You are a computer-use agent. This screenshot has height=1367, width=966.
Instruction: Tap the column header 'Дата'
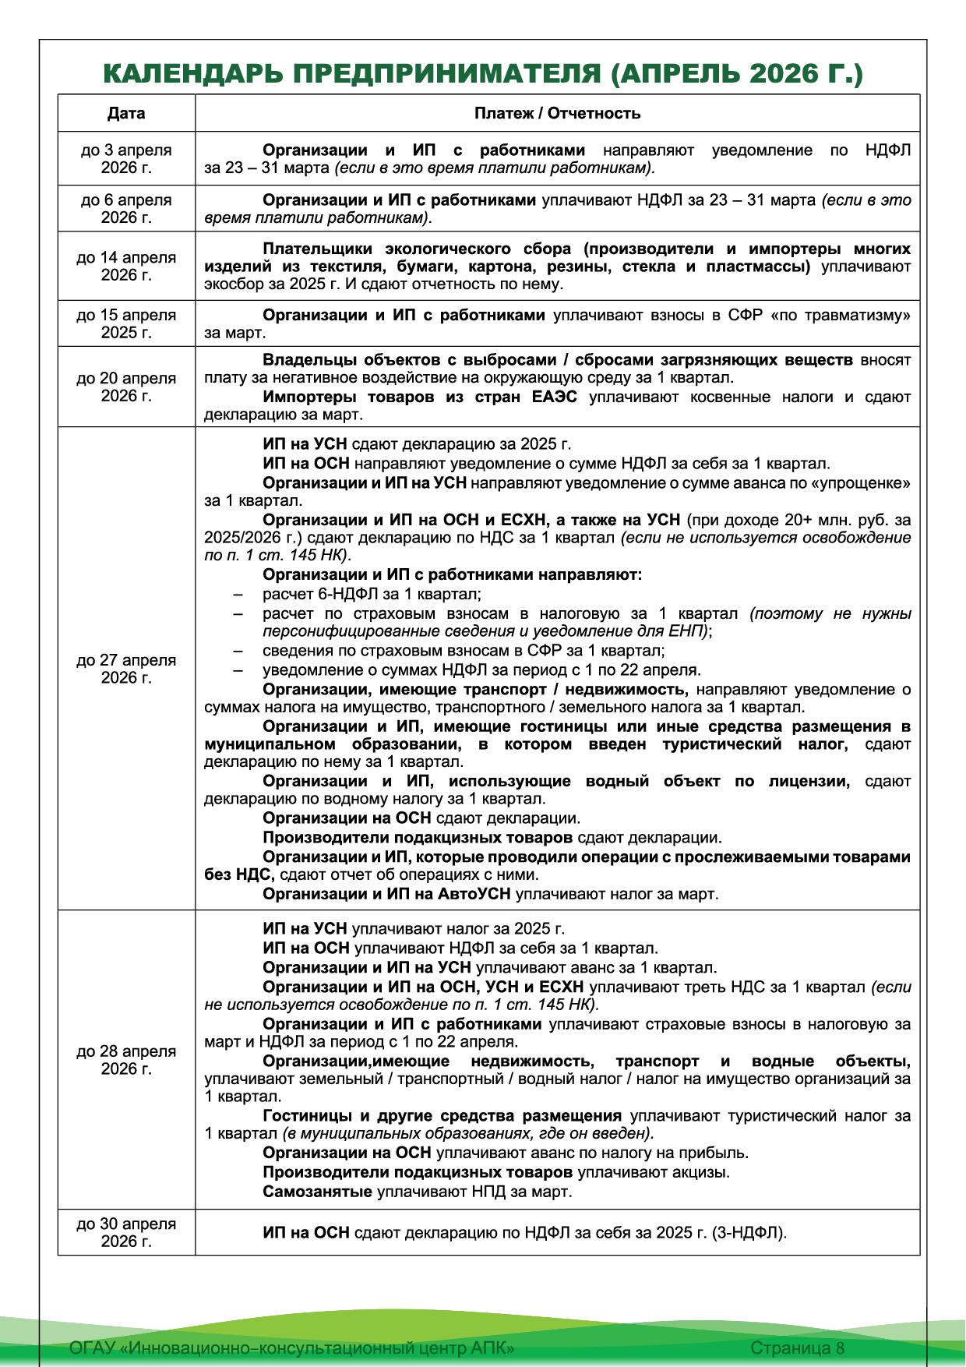pyautogui.click(x=126, y=113)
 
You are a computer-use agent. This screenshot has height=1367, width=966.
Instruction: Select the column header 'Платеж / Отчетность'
pyautogui.click(x=557, y=113)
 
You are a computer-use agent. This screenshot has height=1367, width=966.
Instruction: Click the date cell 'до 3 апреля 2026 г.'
pyautogui.click(x=126, y=159)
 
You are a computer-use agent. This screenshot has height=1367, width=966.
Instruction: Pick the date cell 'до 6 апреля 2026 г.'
pyautogui.click(x=126, y=208)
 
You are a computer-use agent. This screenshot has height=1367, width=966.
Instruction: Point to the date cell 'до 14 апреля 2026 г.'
pyautogui.click(x=126, y=266)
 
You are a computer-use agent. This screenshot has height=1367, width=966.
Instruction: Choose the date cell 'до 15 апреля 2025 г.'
pyautogui.click(x=126, y=323)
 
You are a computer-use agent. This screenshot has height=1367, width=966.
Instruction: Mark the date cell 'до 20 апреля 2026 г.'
pyautogui.click(x=126, y=387)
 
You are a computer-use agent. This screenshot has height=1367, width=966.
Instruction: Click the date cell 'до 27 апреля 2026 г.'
pyautogui.click(x=126, y=669)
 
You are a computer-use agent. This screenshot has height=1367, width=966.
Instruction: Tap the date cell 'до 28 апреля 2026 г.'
pyautogui.click(x=126, y=1060)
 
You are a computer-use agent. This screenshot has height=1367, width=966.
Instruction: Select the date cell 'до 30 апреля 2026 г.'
pyautogui.click(x=126, y=1232)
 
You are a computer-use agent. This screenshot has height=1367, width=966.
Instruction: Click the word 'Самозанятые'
pyautogui.click(x=318, y=1192)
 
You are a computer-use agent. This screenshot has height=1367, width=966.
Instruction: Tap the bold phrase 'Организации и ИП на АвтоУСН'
pyautogui.click(x=386, y=894)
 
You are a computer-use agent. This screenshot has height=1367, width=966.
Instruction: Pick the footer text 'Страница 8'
pyautogui.click(x=797, y=1348)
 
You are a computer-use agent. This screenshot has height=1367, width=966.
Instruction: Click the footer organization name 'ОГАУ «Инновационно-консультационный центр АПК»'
pyautogui.click(x=292, y=1348)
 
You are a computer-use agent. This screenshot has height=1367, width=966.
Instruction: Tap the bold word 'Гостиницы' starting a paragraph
pyautogui.click(x=305, y=1115)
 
